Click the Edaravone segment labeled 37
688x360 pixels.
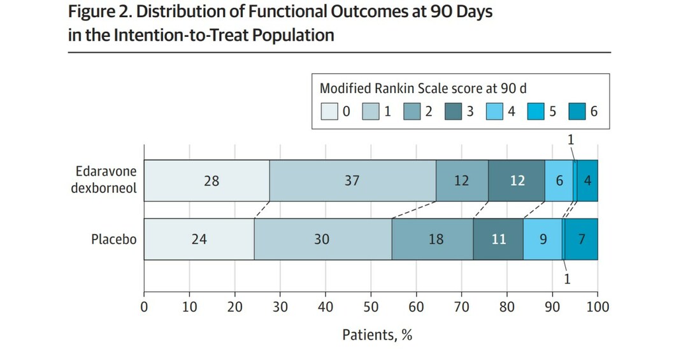click(352, 181)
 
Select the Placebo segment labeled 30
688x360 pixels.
click(322, 240)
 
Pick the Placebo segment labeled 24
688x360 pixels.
click(199, 240)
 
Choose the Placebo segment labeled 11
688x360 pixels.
click(498, 240)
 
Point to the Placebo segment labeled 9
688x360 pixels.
click(543, 240)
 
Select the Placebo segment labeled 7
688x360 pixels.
click(582, 240)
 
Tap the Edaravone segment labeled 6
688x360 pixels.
click(559, 181)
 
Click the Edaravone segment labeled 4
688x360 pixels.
click(587, 181)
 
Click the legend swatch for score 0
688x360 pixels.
click(328, 112)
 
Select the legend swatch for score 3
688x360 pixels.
click(452, 112)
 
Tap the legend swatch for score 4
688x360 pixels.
click(494, 112)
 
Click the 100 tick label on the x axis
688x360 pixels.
click(598, 307)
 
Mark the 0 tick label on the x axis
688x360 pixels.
click(144, 307)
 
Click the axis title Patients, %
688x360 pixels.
click(377, 335)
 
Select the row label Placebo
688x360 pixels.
click(113, 240)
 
